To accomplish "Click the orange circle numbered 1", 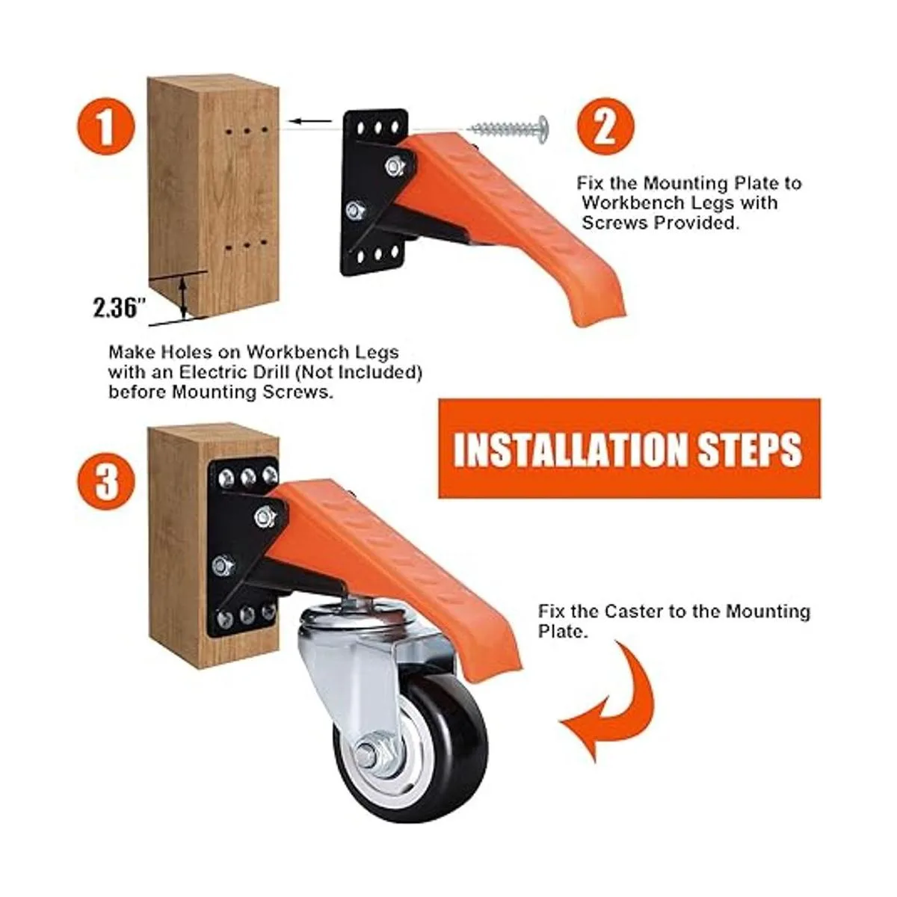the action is pyautogui.click(x=106, y=126).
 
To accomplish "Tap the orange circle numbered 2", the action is pyautogui.click(x=605, y=126).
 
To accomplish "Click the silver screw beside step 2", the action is pyautogui.click(x=509, y=129).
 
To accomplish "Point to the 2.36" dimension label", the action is pyautogui.click(x=119, y=308).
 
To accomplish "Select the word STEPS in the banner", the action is pyautogui.click(x=750, y=450).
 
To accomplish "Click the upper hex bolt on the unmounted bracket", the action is pyautogui.click(x=395, y=166).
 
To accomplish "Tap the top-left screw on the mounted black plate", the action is pyautogui.click(x=226, y=477).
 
